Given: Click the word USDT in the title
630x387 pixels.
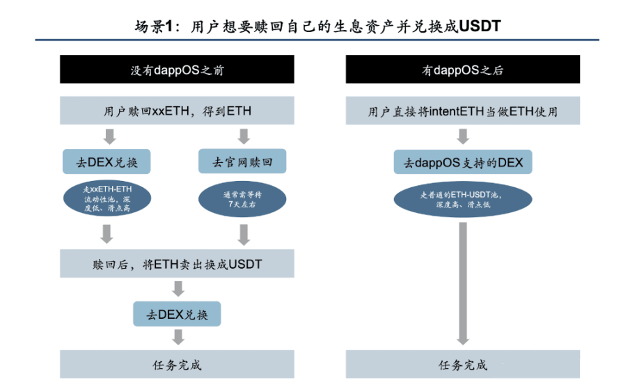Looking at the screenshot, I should [480, 26].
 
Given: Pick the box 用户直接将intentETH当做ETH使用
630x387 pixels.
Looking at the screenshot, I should [462, 111].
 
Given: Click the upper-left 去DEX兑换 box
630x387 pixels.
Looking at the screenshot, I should [107, 163].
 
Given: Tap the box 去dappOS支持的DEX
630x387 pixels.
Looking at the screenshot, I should [463, 164].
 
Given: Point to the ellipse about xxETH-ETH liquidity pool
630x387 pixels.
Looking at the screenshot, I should [107, 200].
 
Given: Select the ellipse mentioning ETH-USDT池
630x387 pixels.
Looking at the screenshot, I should [462, 200].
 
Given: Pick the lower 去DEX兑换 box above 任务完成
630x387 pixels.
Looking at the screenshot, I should [177, 314].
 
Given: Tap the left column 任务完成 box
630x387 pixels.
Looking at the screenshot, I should [177, 364].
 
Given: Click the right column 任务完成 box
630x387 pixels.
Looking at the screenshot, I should [462, 364].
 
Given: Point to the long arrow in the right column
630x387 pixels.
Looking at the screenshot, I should [462, 282].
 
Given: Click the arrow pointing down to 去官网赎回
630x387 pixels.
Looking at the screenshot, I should [243, 136].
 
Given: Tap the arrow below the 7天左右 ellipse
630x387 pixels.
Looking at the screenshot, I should [243, 235].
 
